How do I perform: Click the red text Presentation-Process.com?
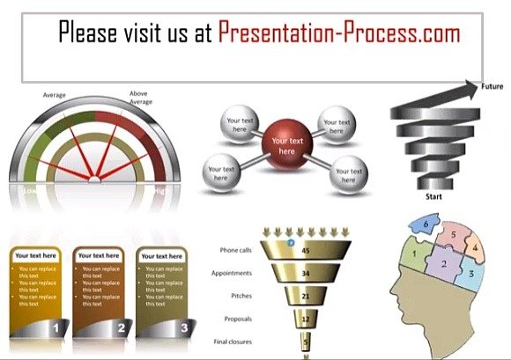[x=339, y=33]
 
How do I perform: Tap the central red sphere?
[x=286, y=145]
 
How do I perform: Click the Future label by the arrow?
[x=492, y=86]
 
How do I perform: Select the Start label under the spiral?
[x=433, y=196]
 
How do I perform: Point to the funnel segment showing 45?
[x=305, y=250]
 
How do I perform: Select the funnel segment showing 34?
[x=305, y=274]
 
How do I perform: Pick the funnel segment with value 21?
[x=305, y=297]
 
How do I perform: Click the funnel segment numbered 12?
[x=305, y=319]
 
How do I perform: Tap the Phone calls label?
[x=236, y=250]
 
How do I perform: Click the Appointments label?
[x=232, y=273]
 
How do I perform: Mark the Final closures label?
[x=232, y=342]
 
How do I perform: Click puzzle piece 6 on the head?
[x=427, y=225]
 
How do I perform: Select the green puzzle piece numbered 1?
[x=411, y=254]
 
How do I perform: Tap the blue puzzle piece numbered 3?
[x=472, y=274]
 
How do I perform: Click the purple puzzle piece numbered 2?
[x=445, y=264]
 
